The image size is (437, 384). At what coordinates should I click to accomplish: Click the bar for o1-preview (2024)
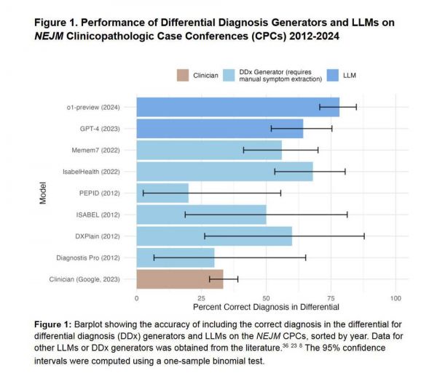[x=237, y=107]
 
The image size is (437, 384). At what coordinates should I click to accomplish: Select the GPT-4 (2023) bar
[x=219, y=129]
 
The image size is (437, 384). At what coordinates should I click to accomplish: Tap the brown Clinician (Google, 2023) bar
[x=180, y=279]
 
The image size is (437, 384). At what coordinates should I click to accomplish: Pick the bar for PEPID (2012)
[x=162, y=193]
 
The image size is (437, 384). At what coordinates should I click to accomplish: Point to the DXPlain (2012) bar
[x=214, y=236]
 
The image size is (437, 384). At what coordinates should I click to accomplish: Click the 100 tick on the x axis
[x=396, y=298]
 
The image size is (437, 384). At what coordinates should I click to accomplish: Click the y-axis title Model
[x=43, y=193]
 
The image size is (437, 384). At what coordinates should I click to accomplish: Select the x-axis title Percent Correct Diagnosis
[x=266, y=308]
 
